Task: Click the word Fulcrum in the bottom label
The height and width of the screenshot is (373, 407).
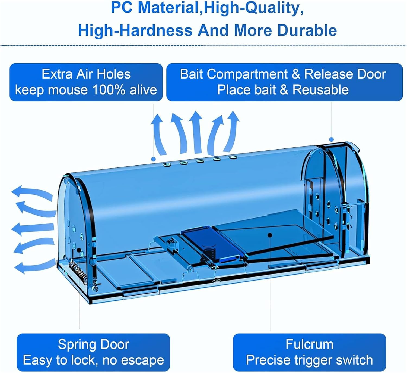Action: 309,344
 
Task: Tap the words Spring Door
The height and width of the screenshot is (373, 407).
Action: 93,344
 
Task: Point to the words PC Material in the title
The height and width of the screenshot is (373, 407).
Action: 155,8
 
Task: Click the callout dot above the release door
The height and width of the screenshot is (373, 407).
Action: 331,139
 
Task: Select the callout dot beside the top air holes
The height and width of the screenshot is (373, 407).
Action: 154,159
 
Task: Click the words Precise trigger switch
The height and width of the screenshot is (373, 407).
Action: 309,360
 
